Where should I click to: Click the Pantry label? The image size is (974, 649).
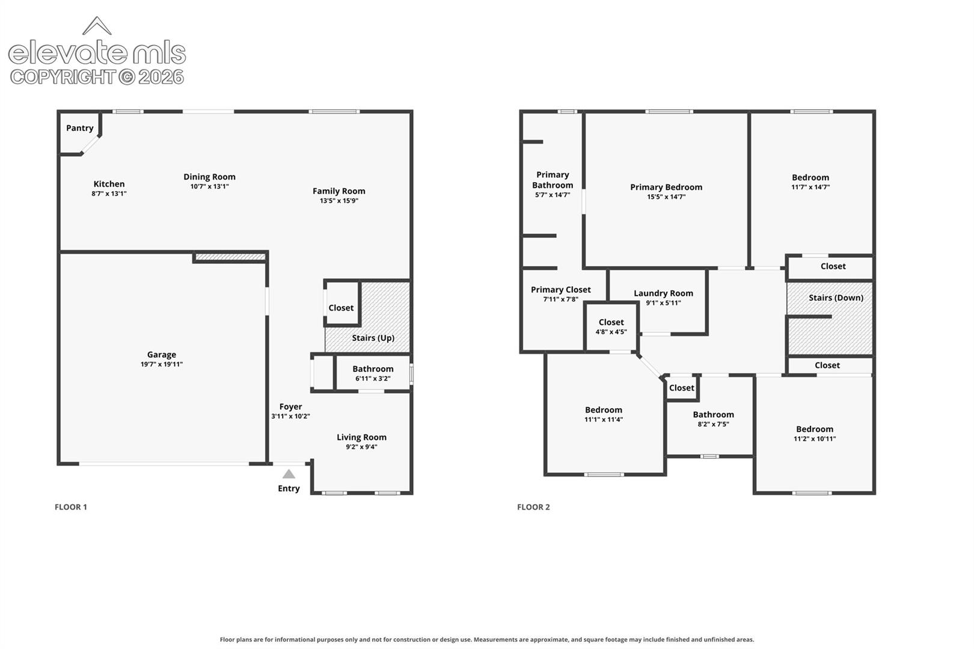(79, 128)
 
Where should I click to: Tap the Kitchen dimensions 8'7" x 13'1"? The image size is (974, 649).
(109, 194)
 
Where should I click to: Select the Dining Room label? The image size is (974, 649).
(209, 177)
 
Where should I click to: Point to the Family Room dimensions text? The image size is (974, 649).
(338, 201)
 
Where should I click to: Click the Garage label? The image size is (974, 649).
(161, 355)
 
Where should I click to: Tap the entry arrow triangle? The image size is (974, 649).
(289, 474)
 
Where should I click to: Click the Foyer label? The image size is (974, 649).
(290, 407)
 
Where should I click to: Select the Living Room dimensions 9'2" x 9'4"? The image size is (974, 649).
(361, 447)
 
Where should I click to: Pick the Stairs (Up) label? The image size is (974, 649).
(373, 338)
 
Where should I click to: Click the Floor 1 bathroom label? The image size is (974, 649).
(373, 369)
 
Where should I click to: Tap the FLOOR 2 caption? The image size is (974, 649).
(533, 507)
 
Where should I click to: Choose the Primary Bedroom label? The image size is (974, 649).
(666, 187)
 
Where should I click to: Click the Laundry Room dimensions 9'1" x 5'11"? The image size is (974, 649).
(663, 303)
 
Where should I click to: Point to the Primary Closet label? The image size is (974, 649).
(560, 290)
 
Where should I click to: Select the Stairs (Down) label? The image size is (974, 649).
(836, 298)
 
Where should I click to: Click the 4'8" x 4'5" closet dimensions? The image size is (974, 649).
(611, 332)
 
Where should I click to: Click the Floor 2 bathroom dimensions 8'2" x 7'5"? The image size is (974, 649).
(713, 424)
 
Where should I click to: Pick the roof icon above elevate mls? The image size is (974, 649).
(97, 26)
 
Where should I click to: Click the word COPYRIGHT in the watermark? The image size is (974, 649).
(63, 78)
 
